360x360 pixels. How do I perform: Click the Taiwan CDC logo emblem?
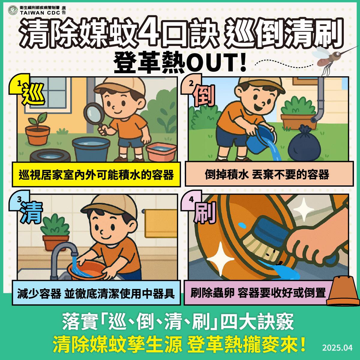(13, 10)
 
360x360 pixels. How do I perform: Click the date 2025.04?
(337, 348)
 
